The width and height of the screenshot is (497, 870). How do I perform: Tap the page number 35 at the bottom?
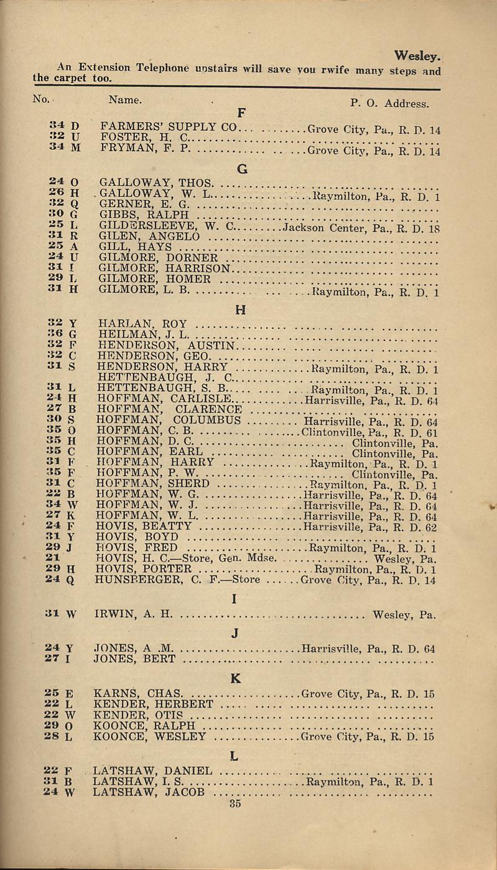pyautogui.click(x=235, y=802)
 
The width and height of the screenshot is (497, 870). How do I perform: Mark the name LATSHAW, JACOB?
pyautogui.click(x=149, y=792)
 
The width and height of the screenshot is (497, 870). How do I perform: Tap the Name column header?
pyautogui.click(x=125, y=99)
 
